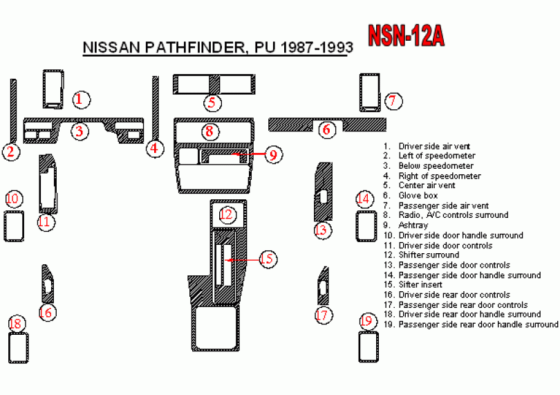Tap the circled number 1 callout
tap(81, 99)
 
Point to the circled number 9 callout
tap(273, 154)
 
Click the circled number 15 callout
tap(268, 259)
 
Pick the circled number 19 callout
tap(367, 321)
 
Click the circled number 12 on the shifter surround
tap(226, 214)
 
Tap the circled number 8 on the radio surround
tap(211, 131)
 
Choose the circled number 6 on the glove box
tap(327, 129)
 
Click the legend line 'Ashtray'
tap(413, 226)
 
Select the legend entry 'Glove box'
tap(418, 196)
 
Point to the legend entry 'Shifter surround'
tap(428, 255)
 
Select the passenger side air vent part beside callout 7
tap(369, 92)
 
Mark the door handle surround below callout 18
tap(19, 348)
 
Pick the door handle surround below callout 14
tap(366, 226)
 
